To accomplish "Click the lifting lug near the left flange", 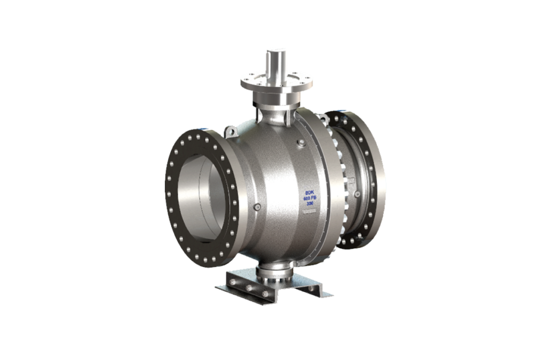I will click(231, 130).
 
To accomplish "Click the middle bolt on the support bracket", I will click(248, 287).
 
